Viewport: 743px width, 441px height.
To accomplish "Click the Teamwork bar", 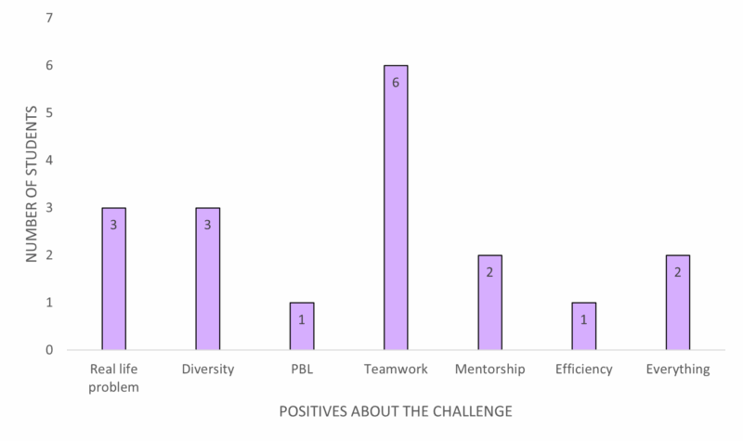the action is point(396,207).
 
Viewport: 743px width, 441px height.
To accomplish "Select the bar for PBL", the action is point(302,326).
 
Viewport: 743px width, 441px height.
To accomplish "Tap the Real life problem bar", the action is point(113,279).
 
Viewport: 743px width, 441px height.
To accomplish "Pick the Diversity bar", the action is point(207,279).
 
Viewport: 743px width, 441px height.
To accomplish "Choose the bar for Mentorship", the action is point(490,303).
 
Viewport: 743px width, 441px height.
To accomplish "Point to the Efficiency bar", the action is point(584,326).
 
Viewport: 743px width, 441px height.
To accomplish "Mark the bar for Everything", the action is point(678,303).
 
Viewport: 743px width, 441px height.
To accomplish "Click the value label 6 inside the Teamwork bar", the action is point(396,83).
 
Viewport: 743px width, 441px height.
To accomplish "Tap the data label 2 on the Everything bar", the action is point(678,272).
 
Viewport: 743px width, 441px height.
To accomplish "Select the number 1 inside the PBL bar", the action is point(302,319).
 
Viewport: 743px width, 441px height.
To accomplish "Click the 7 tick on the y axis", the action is point(49,18).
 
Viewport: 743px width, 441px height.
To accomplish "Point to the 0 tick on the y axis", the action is point(49,350).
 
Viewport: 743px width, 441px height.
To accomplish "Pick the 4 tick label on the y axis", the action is point(49,160).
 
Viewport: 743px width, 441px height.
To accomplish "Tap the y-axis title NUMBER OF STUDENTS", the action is point(32,184).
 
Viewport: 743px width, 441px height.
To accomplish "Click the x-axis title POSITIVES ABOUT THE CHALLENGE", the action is point(396,411).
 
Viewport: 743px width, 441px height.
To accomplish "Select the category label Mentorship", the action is point(490,369).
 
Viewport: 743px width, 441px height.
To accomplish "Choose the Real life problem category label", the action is point(113,378).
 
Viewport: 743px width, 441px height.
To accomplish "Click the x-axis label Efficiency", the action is point(584,369).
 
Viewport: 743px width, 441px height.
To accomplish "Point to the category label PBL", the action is point(302,369).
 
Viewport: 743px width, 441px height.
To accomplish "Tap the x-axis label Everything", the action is point(678,369).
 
